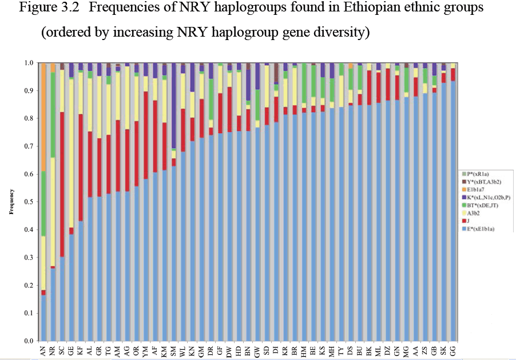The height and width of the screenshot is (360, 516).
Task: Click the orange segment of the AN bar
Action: (x=43, y=117)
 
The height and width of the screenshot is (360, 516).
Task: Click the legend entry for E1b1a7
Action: (x=475, y=189)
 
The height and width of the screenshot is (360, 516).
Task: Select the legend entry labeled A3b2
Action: (x=473, y=213)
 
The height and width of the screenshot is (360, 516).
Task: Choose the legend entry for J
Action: (x=469, y=221)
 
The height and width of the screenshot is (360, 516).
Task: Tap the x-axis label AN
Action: (x=43, y=350)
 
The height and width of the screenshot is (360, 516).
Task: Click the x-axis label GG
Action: (x=453, y=350)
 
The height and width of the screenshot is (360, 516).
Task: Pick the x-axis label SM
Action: (x=173, y=350)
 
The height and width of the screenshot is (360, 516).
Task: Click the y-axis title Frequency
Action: (x=12, y=202)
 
